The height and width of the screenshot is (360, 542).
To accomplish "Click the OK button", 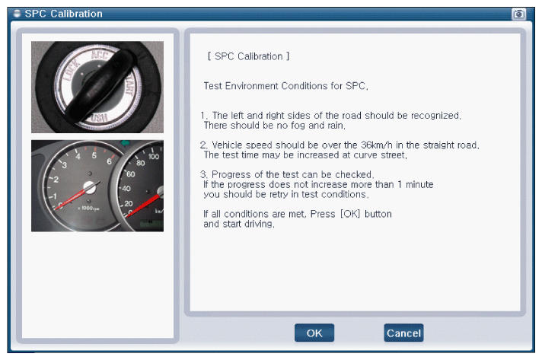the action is pos(314,333).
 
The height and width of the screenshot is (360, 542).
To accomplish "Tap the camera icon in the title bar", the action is pos(518,14).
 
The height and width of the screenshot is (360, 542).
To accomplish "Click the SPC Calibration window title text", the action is pos(64,14).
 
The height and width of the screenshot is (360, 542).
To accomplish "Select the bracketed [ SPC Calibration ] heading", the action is pos(248,56).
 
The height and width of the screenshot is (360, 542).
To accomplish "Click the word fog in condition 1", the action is pos(298,126).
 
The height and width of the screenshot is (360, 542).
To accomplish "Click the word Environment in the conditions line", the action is pos(252,86).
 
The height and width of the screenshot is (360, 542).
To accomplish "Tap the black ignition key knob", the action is pos(101,85).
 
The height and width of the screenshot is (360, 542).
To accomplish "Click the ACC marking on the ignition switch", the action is pos(100,56).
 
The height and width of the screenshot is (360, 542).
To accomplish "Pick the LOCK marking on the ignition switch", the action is pos(72,71).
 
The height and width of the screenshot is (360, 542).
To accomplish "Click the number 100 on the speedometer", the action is pos(154,156).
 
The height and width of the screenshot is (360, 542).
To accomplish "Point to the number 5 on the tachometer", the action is pos(94,155).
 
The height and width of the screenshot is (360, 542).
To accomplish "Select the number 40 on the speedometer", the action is pos(126,189).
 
